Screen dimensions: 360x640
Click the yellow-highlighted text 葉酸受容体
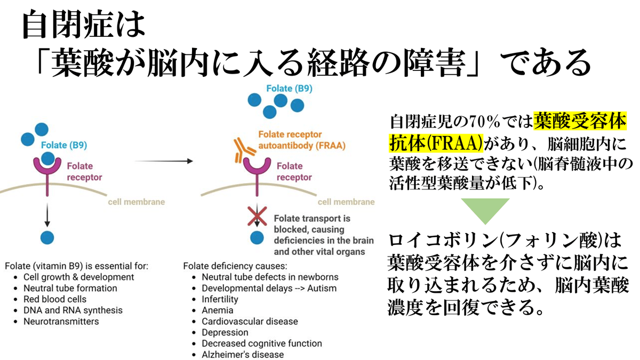pyautogui.click(x=580, y=122)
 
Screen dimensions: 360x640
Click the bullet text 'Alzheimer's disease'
pyautogui.click(x=243, y=354)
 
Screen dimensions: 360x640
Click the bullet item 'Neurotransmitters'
pyautogui.click(x=61, y=321)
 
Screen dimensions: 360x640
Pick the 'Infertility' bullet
pyautogui.click(x=220, y=299)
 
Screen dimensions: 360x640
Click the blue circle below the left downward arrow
pyautogui.click(x=47, y=237)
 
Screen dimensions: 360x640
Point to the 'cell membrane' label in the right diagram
pyautogui.click(x=346, y=202)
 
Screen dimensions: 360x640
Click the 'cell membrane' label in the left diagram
pyautogui.click(x=137, y=202)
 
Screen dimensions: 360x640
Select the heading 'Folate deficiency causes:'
pyautogui.click(x=235, y=266)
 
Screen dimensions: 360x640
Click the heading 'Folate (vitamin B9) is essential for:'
pyautogui.click(x=76, y=266)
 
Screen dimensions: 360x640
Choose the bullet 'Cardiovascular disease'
pyautogui.click(x=250, y=321)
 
